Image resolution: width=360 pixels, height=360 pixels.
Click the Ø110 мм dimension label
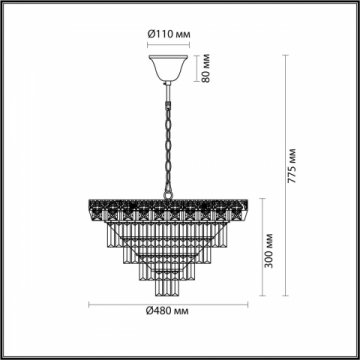point(169,34)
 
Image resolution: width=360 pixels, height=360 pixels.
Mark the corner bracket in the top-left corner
point(9,9)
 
